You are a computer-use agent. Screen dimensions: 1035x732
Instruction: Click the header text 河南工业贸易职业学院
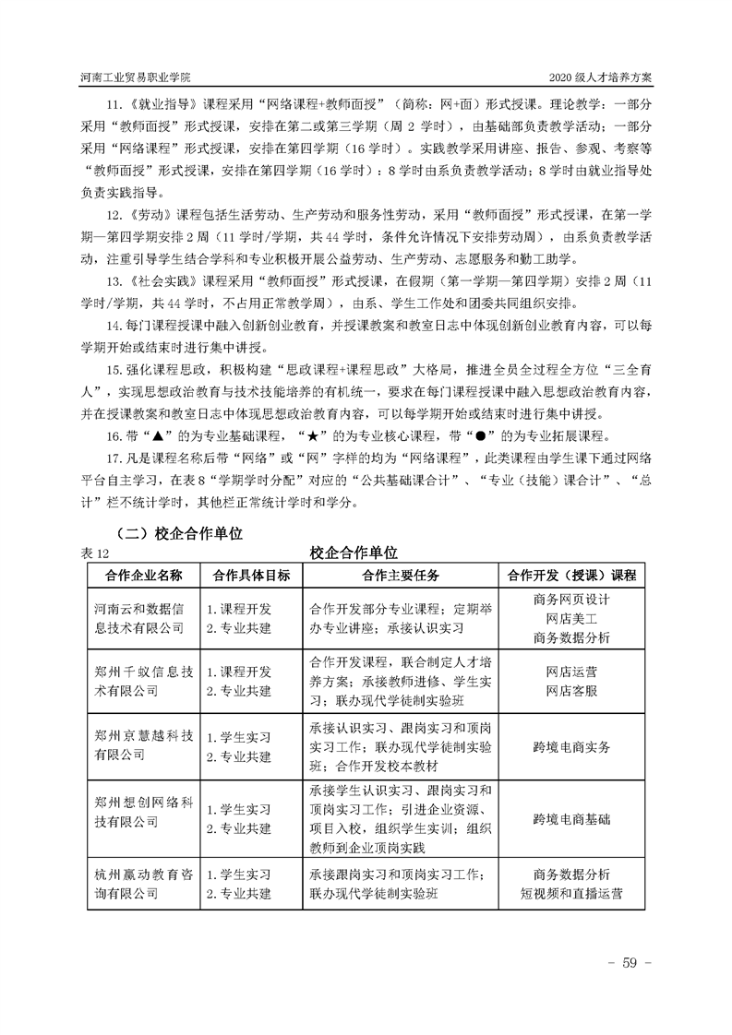tap(139, 76)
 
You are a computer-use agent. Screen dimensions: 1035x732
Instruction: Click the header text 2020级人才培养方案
tap(600, 76)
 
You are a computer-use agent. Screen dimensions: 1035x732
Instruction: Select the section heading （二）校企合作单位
tap(175, 533)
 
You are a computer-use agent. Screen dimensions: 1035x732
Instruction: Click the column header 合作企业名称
tap(145, 575)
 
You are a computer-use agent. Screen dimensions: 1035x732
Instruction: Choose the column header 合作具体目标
tap(251, 575)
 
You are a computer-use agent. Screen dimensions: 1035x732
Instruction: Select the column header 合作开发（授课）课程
tap(571, 575)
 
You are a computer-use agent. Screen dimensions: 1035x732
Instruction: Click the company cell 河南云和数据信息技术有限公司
tap(145, 619)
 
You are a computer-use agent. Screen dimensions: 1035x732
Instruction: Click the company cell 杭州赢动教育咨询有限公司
tap(145, 883)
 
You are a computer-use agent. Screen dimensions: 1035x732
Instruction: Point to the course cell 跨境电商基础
tap(571, 817)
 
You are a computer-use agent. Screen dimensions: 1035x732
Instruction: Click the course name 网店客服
tap(571, 690)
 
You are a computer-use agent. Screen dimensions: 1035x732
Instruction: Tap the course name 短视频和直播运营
tap(571, 893)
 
